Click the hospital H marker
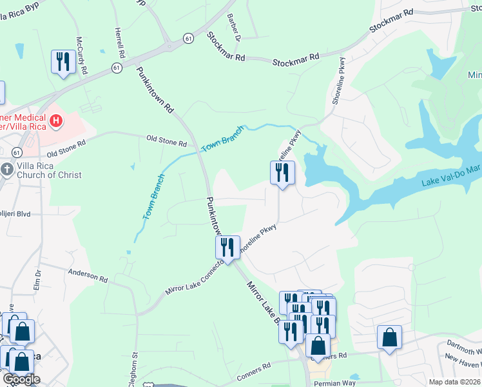[57, 121]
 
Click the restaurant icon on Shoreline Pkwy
[282, 173]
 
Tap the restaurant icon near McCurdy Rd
[63, 63]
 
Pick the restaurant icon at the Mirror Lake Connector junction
[227, 248]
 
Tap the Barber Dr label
[233, 28]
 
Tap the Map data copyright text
[455, 382]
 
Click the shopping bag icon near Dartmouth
[389, 337]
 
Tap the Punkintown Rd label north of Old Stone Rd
[155, 88]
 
